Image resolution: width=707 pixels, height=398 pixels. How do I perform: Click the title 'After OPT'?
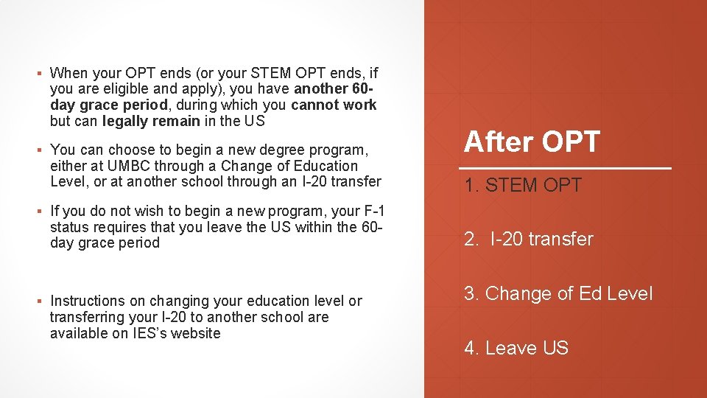coord(532,142)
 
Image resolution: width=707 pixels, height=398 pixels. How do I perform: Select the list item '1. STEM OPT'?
coord(522,185)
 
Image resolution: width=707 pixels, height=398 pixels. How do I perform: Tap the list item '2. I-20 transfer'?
coord(528,239)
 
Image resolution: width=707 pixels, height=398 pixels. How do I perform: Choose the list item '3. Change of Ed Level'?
coord(557,293)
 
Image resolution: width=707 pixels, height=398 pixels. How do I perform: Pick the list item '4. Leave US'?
coord(516,348)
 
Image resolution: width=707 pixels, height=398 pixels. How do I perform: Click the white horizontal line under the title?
coord(567,169)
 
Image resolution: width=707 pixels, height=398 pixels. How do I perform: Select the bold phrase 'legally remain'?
coord(151,121)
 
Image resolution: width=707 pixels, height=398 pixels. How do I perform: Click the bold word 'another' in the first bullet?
coord(322,89)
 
